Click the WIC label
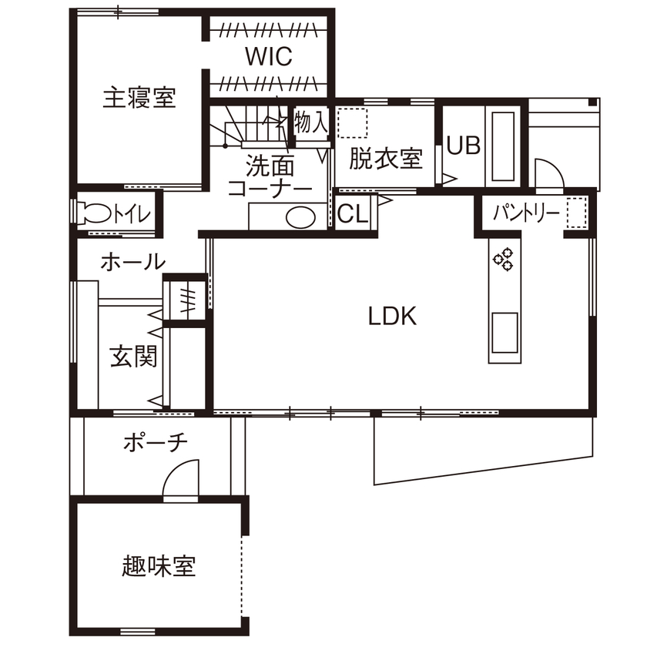click(x=269, y=57)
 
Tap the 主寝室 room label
click(x=139, y=99)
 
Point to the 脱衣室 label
click(x=385, y=159)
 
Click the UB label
click(x=464, y=146)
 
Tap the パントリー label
click(x=526, y=213)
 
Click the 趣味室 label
click(x=159, y=567)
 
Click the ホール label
click(x=132, y=262)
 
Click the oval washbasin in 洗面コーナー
click(x=300, y=218)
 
